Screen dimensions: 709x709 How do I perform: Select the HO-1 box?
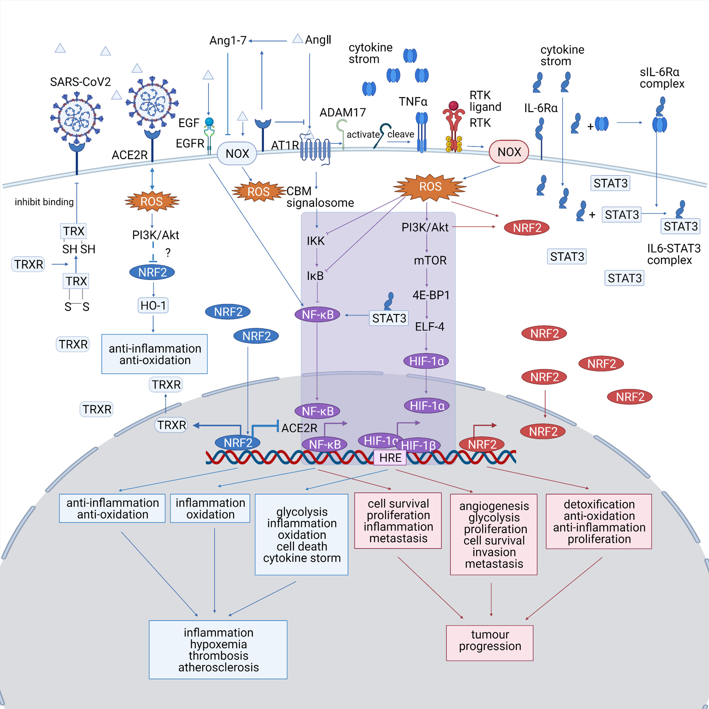(x=153, y=305)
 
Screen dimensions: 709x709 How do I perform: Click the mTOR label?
(x=430, y=261)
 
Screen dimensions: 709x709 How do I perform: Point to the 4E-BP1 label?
(x=431, y=295)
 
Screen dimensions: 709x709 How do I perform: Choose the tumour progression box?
(x=490, y=643)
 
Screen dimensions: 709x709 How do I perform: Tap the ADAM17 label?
(x=342, y=112)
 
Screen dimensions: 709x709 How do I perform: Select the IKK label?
(x=315, y=241)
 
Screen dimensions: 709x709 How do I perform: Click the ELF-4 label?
(x=429, y=327)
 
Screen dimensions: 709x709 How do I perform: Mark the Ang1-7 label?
(x=228, y=40)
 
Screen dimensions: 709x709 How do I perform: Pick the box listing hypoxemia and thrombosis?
(x=218, y=650)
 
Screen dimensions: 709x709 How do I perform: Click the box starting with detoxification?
(x=599, y=521)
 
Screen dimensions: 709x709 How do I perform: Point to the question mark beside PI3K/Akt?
(x=168, y=252)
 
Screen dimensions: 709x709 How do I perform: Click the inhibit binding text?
(x=44, y=202)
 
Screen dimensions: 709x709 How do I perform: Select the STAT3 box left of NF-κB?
(x=389, y=318)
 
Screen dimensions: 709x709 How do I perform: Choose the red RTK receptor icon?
(x=454, y=125)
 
